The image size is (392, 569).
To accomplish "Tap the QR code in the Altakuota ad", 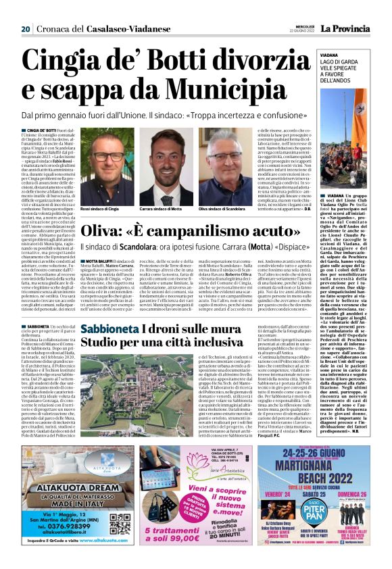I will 120,524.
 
